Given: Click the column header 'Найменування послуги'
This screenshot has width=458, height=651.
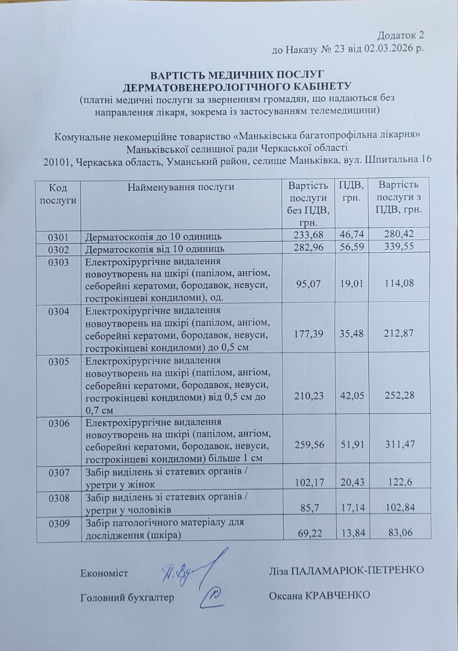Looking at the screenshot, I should [181, 187].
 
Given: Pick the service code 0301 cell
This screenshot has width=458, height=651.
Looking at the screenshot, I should [58, 236].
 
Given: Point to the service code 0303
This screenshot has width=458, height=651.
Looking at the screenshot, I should [58, 262].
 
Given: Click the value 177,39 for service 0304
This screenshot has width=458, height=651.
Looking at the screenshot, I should [308, 334].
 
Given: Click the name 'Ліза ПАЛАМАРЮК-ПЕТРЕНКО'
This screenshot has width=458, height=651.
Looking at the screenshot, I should [346, 570].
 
